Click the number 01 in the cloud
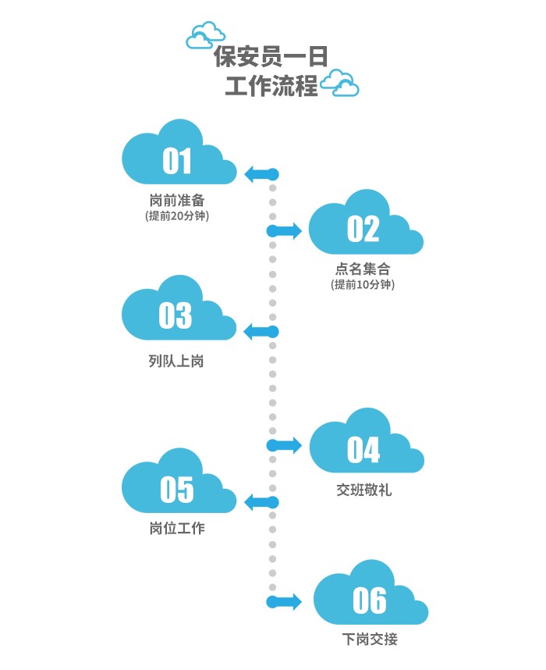coord(177,161)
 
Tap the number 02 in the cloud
coord(363,229)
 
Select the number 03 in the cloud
coord(175,315)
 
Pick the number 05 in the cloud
coord(176,490)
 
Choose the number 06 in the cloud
coord(369,601)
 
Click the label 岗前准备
coord(177,200)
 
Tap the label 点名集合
coord(363,269)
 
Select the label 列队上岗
coord(176,361)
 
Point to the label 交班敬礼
coord(363,490)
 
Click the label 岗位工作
coord(176,529)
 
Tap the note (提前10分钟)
coord(363,285)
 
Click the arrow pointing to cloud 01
coord(261,174)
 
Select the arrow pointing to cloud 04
coord(285,445)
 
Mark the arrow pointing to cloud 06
coord(285,601)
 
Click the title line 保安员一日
coord(271,57)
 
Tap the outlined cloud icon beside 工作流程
coord(341,84)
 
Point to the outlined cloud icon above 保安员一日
coord(206,35)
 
